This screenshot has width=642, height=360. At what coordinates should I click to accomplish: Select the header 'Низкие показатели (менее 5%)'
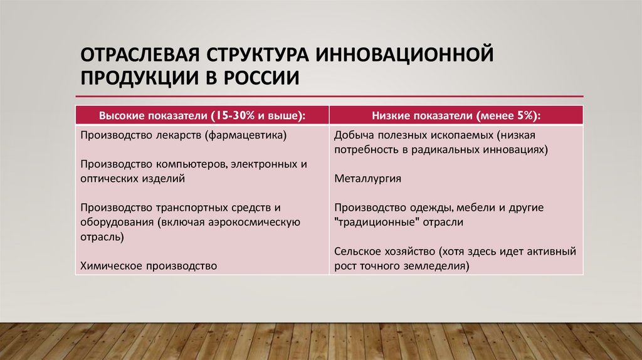click(456, 116)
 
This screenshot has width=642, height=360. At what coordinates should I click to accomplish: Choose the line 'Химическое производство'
click(149, 266)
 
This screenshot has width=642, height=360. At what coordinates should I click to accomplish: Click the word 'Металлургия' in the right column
click(367, 178)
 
